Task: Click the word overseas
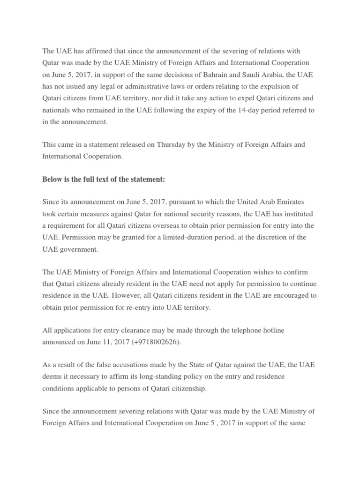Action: (149, 225)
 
